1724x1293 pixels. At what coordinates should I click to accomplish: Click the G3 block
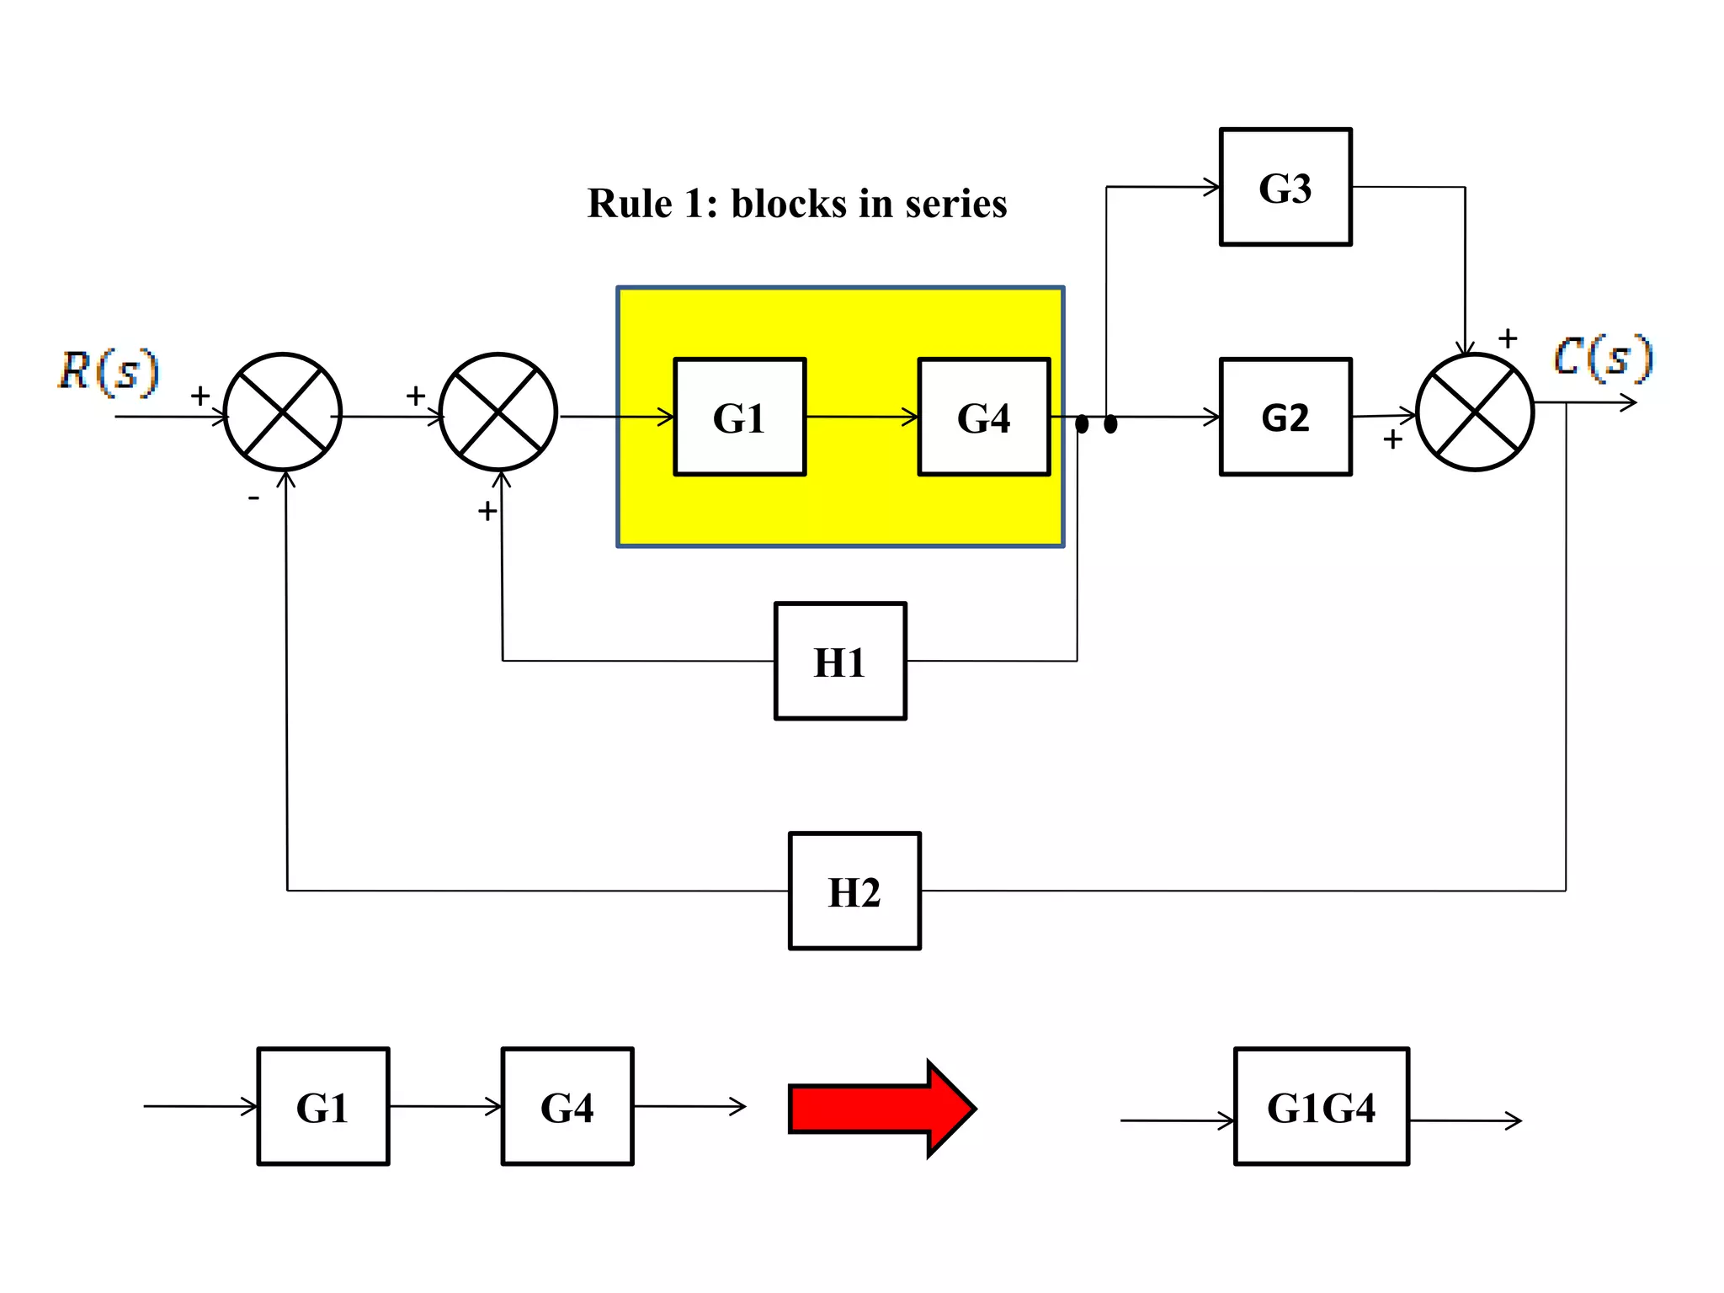tap(1285, 187)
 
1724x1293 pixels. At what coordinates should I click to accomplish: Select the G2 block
tap(1285, 417)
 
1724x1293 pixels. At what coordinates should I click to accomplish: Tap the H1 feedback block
tap(839, 661)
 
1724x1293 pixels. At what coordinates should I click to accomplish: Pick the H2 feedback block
tap(854, 891)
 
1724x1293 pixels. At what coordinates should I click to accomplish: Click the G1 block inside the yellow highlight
tap(739, 417)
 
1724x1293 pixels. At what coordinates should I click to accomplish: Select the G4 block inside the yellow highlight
tap(983, 417)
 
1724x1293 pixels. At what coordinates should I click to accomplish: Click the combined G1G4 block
tap(1320, 1106)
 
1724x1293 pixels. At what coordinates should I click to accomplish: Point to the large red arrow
tap(881, 1108)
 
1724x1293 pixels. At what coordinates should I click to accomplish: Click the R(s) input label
tap(108, 370)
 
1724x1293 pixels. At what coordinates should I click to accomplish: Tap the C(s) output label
tap(1602, 357)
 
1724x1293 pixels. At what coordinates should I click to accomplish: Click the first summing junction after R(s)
tap(283, 412)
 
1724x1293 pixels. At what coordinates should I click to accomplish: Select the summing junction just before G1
tap(498, 412)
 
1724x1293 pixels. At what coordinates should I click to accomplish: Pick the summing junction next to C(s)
tap(1475, 412)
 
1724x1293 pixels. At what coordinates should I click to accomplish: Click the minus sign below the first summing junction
tap(253, 498)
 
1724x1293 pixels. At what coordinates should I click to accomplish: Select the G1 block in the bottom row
tap(322, 1106)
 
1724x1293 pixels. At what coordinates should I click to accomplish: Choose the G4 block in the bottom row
tap(567, 1106)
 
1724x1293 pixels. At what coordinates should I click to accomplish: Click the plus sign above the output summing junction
tap(1508, 338)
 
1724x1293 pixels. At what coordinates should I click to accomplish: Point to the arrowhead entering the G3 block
tap(1212, 187)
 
